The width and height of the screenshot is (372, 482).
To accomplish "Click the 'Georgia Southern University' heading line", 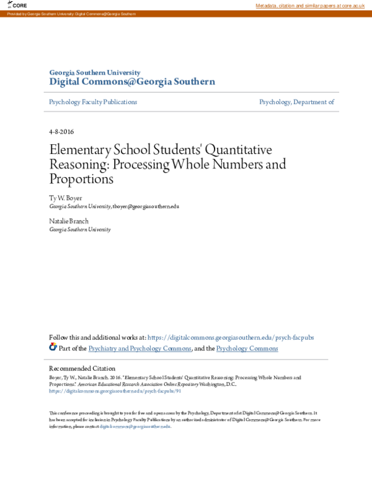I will coord(95,73).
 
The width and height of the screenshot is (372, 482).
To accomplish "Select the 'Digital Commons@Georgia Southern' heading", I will coord(132,82).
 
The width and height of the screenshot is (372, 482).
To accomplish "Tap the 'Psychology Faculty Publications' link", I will coord(93,102).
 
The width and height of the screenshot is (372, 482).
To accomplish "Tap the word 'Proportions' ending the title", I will coord(82,180).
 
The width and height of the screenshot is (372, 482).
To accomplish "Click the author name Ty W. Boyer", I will coord(65,197).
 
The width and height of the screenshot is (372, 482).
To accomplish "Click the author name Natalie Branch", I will coord(69,221).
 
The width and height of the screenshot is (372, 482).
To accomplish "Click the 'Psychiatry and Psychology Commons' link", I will coord(140,348).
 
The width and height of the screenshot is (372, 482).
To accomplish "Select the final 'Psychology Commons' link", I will coord(247,348).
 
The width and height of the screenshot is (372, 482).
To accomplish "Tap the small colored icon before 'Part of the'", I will coord(53,348).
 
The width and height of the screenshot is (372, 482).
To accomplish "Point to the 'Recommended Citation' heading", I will coord(82,368).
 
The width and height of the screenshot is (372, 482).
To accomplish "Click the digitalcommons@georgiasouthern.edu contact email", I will coord(135,427).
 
